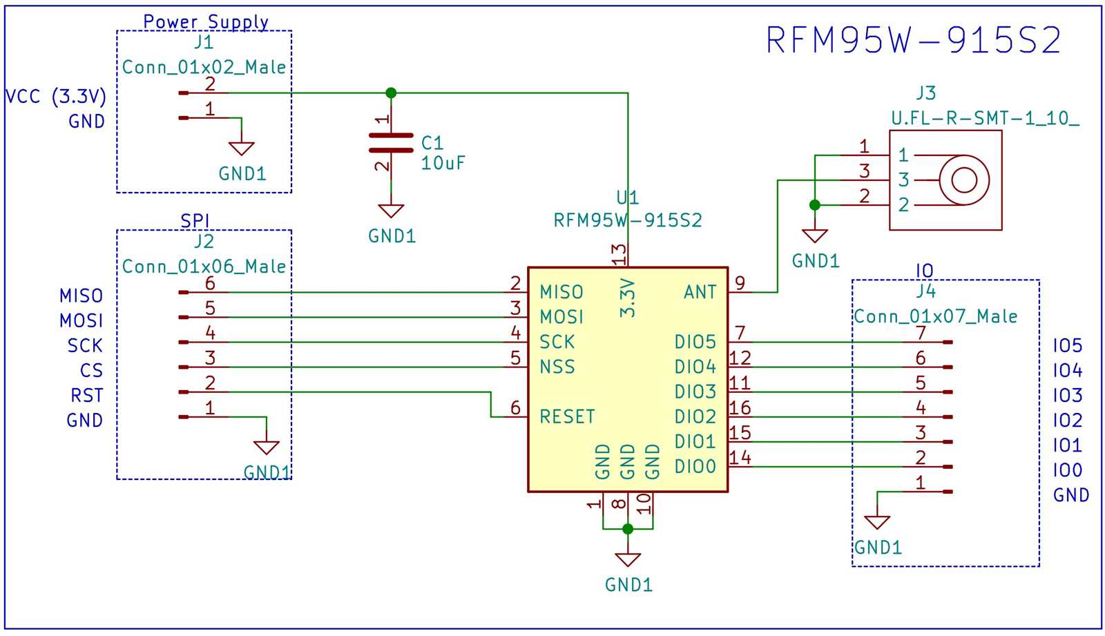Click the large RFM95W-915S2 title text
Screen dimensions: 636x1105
913,40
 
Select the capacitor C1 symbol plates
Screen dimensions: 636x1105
391,143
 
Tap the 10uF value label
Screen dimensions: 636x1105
443,164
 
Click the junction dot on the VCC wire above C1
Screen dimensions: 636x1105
391,93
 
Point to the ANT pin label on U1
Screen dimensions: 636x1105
700,293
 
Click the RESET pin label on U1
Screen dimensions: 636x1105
567,417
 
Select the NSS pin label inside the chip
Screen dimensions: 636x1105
557,367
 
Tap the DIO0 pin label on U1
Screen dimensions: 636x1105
695,467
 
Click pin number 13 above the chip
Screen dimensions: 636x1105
619,254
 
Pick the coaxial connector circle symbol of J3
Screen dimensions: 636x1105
964,180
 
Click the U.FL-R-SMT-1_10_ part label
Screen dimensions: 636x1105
984,119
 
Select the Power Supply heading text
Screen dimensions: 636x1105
206,22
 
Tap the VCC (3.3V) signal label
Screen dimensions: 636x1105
56,96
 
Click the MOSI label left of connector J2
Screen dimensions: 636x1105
81,321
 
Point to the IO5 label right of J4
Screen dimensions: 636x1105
1067,346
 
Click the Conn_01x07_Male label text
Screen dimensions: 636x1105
935,317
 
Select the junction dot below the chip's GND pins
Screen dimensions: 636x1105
627,529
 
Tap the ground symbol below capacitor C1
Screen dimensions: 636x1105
391,211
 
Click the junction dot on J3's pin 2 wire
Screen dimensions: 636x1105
815,205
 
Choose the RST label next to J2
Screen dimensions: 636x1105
86,396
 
